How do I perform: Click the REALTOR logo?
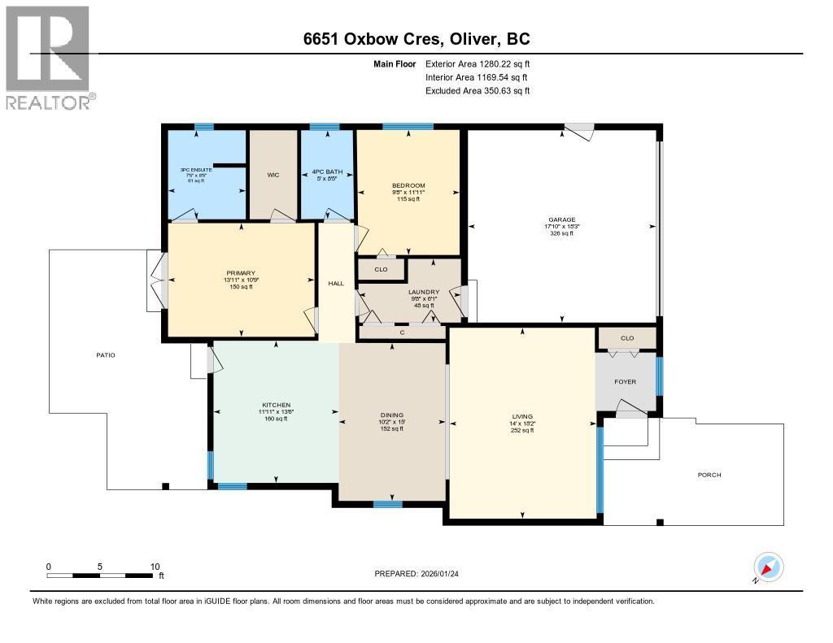point(49,57)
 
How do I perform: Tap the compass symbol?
point(769,567)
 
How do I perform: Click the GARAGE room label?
point(560,219)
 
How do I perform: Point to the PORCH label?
point(709,475)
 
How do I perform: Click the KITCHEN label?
point(276,405)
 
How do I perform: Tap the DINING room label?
point(392,415)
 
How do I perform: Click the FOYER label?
point(625,381)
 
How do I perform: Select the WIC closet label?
point(273,175)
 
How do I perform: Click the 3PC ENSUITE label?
point(196,170)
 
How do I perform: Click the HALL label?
point(336,284)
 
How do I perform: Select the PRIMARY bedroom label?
point(241,273)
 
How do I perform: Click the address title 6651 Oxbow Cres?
point(415,39)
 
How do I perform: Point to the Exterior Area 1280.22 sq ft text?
point(478,63)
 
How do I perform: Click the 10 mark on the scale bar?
point(155,567)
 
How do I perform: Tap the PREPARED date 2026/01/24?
point(421,573)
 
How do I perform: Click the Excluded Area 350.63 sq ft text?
point(478,91)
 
